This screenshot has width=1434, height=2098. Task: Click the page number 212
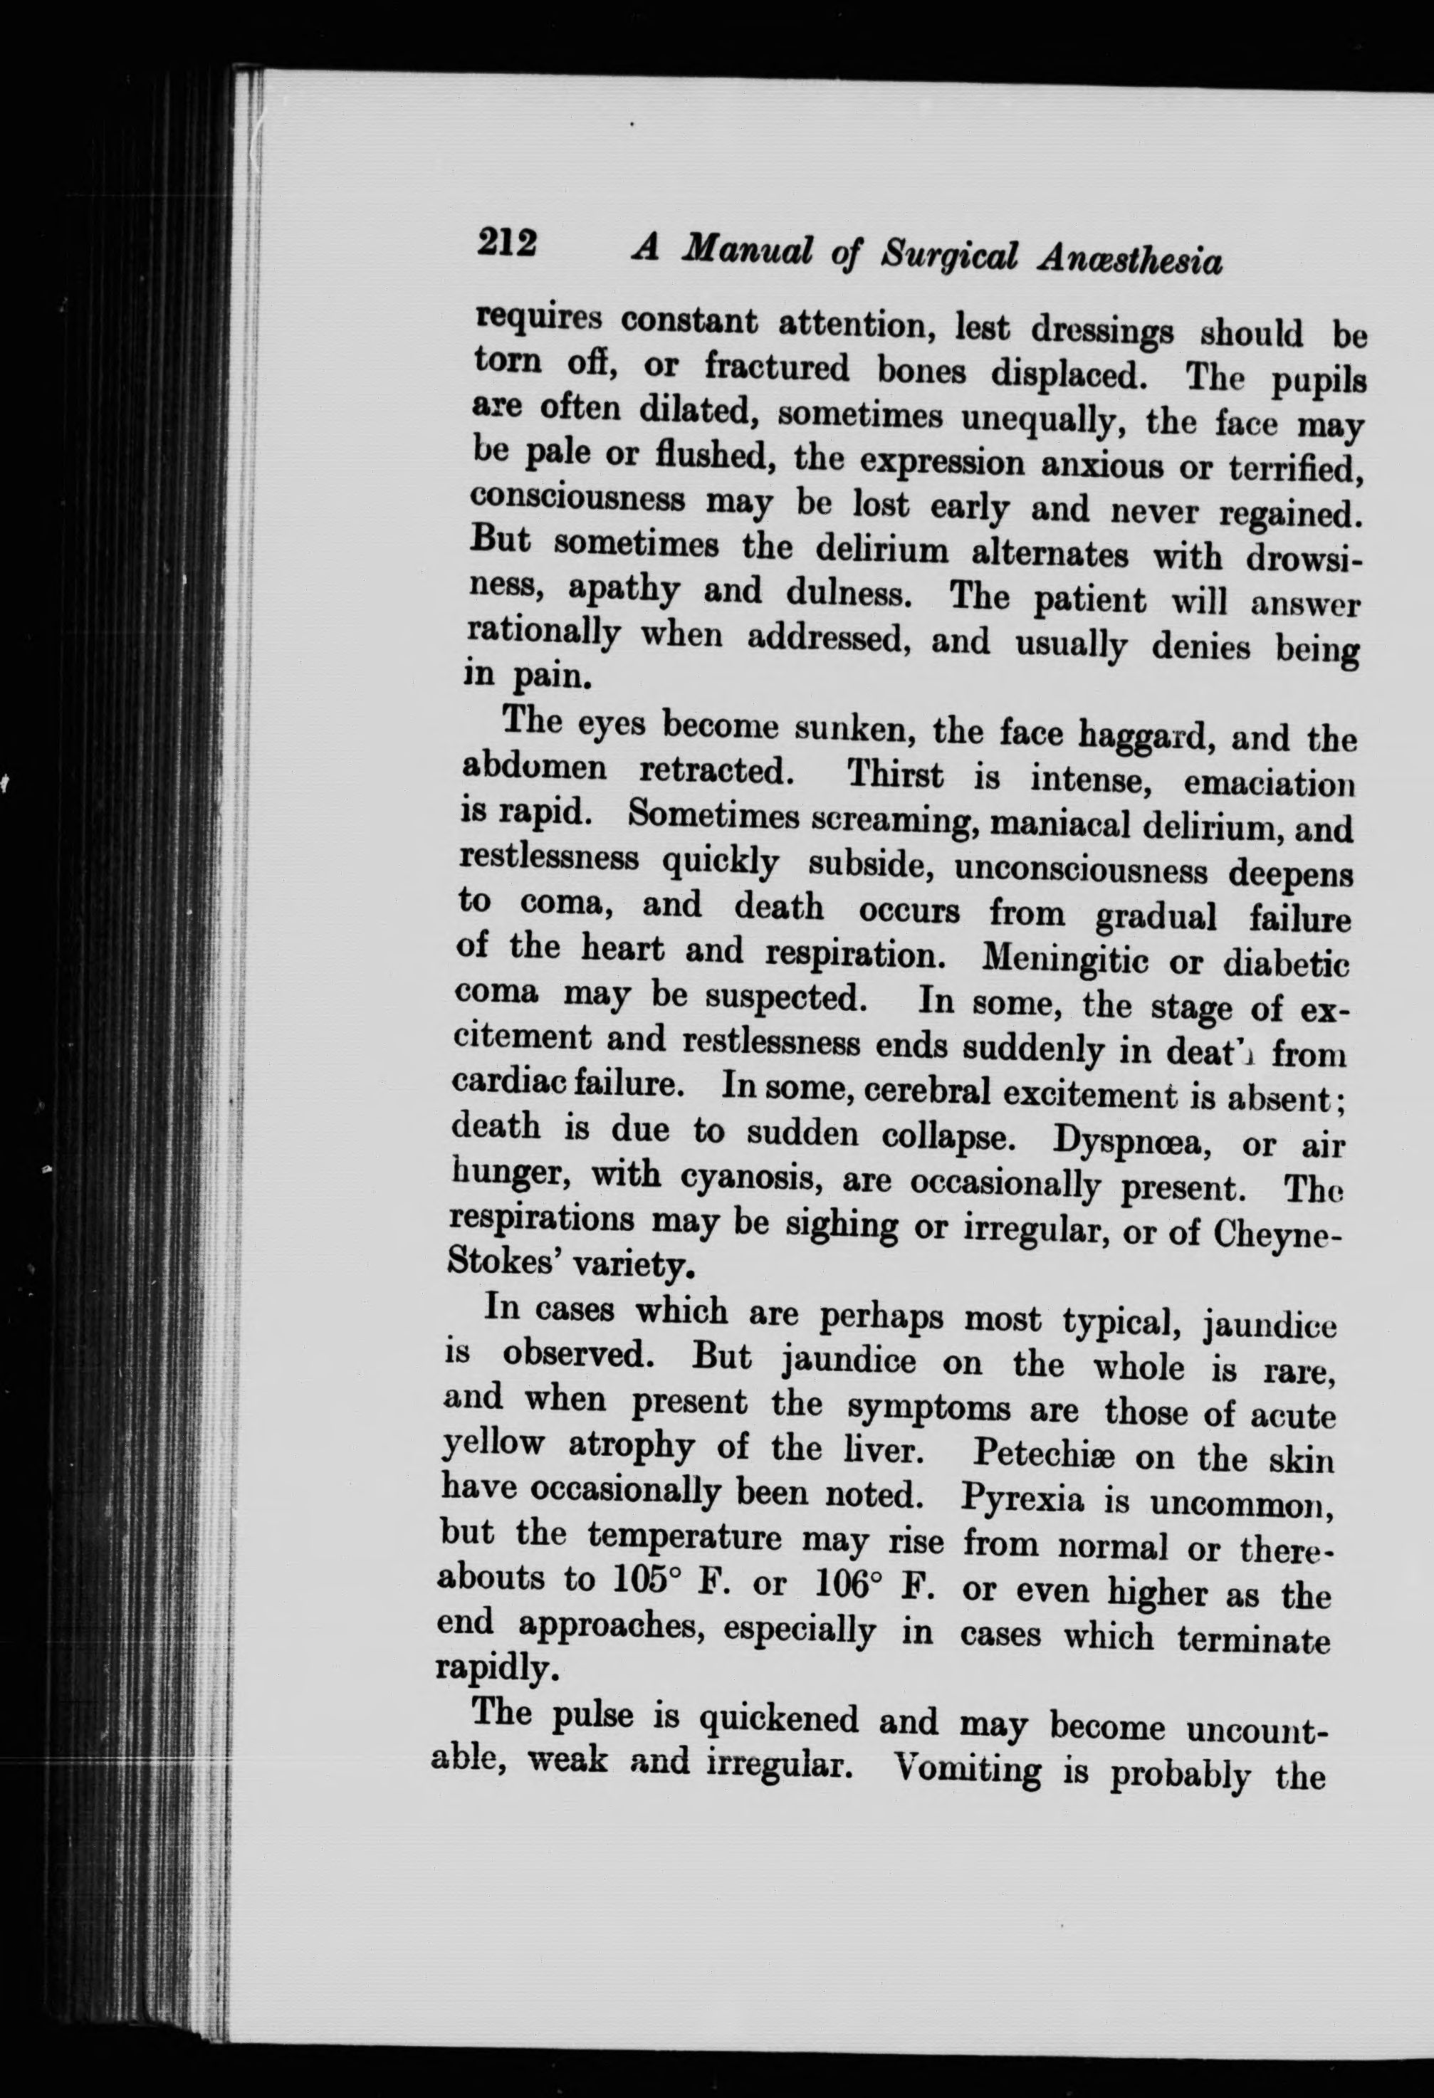coord(508,243)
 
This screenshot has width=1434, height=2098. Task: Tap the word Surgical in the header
coord(949,256)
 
